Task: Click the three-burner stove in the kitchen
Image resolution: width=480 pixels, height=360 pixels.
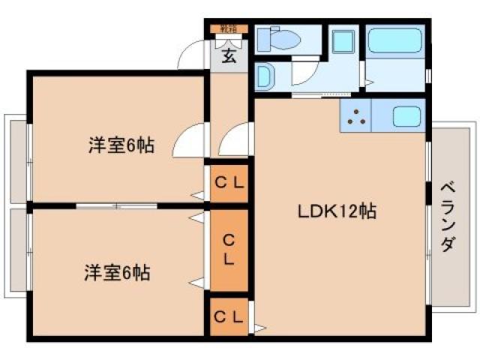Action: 355,117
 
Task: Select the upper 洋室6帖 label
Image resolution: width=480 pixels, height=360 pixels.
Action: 121,145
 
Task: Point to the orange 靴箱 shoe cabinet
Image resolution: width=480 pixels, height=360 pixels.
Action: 228,29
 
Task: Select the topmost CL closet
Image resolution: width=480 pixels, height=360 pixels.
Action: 229,182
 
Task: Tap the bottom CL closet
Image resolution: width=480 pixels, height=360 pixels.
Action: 229,317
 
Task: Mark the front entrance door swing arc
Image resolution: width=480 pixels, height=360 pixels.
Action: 195,54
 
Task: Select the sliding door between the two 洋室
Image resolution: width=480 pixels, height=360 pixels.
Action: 116,204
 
